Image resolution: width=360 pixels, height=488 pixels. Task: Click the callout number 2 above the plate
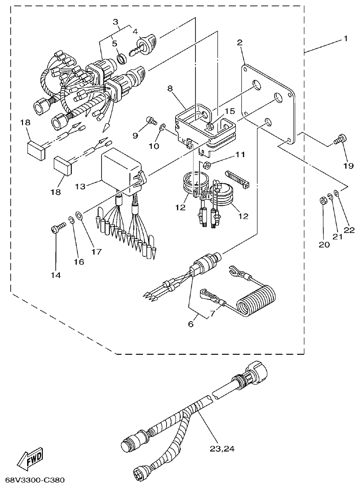tap(240, 43)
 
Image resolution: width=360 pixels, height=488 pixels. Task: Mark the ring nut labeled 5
tap(122, 58)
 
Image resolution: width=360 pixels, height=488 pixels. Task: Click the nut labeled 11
tap(207, 165)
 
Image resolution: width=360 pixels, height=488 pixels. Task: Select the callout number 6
tap(190, 323)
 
